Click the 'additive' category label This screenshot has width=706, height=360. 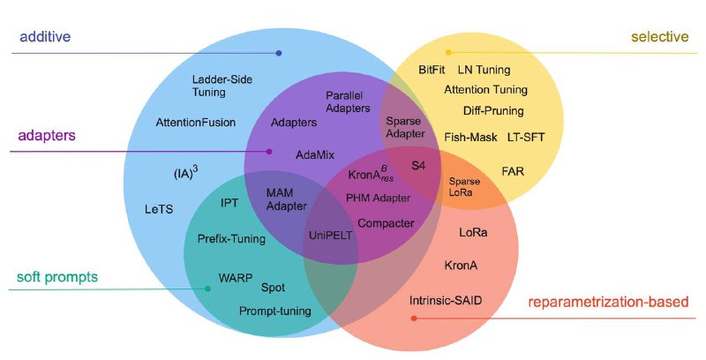click(x=45, y=36)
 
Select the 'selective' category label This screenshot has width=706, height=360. click(x=659, y=36)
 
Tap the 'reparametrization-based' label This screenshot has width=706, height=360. click(x=608, y=301)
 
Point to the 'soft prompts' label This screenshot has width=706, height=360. click(x=57, y=277)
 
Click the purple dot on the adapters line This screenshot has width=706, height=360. click(x=269, y=152)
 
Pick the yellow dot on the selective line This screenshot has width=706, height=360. click(x=448, y=53)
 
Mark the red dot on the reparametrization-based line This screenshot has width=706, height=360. click(x=414, y=319)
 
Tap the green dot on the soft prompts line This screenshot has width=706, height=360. click(x=207, y=289)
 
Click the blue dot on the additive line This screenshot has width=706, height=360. click(x=279, y=53)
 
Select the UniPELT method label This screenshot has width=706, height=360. click(x=330, y=236)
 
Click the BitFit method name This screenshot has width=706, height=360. click(x=432, y=70)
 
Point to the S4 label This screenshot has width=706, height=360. click(x=418, y=166)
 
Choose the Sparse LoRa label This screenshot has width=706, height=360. click(x=464, y=187)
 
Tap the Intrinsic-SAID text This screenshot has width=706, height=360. click(x=446, y=300)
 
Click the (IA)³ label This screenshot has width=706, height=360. click(x=186, y=172)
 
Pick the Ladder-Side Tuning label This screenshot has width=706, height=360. click(x=222, y=86)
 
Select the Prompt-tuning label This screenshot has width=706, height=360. click(x=274, y=311)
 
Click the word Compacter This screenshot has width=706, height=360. click(x=386, y=223)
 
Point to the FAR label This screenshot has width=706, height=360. click(x=513, y=171)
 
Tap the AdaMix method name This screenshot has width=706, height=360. click(x=315, y=155)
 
